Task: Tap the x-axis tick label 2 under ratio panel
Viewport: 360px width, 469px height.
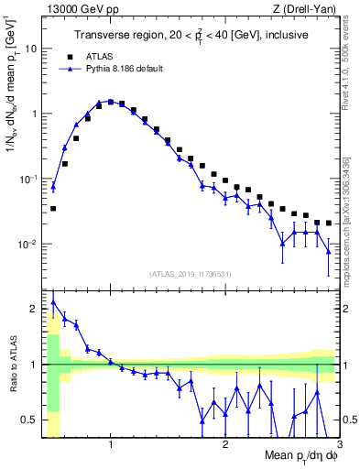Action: click(225, 445)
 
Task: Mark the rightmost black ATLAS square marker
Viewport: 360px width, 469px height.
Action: click(329, 223)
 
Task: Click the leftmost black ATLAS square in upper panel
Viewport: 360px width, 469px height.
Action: click(53, 209)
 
